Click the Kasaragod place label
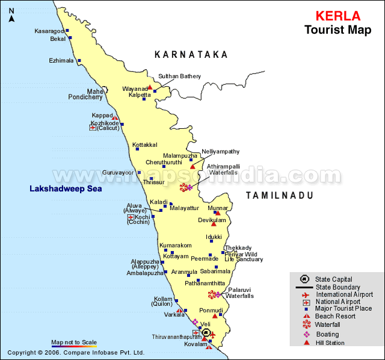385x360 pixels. [x=48, y=31]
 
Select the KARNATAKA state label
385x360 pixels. [x=191, y=55]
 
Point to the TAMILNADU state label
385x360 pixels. [x=280, y=196]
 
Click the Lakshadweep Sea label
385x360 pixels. [x=66, y=189]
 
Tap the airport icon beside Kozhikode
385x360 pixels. [x=93, y=128]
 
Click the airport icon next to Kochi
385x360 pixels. [x=131, y=217]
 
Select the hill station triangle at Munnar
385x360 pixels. [x=218, y=213]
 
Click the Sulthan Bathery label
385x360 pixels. [x=179, y=76]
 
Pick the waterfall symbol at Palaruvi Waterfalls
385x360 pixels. [x=212, y=294]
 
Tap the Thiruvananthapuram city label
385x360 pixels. [x=176, y=337]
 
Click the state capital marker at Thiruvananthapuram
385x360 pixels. [x=206, y=332]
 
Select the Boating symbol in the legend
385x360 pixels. [x=306, y=334]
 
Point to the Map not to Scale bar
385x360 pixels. [x=74, y=346]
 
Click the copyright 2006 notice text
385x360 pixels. [x=76, y=353]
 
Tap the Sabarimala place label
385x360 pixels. [x=215, y=272]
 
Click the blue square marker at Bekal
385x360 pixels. [x=70, y=38]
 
